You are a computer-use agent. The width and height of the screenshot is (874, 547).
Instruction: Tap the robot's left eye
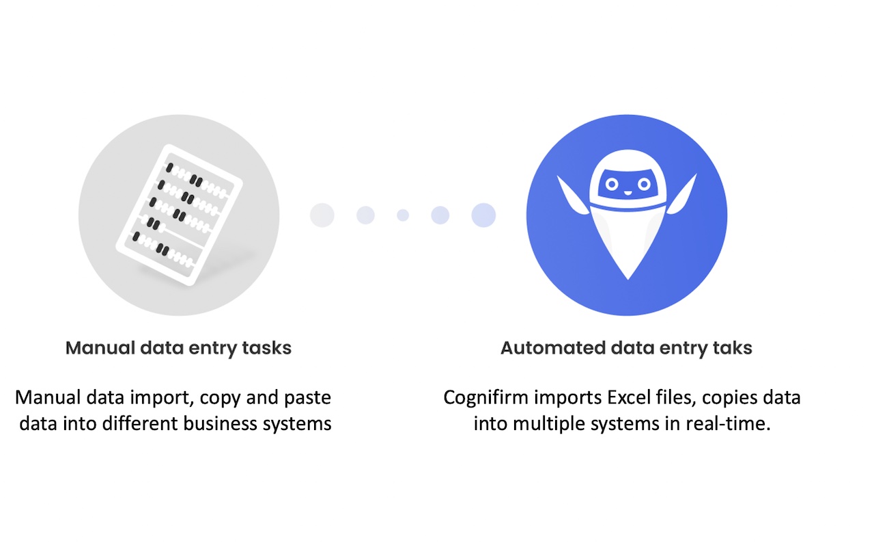pos(612,184)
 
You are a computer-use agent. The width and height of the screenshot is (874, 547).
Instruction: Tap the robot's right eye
pos(643,184)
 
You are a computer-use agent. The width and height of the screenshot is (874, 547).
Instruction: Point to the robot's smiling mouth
pos(628,194)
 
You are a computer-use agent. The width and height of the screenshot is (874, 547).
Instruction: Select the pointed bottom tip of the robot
pos(628,276)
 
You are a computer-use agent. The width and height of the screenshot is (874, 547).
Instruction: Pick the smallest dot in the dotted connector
pos(403,215)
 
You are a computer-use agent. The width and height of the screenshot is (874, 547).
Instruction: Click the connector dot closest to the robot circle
pos(483,215)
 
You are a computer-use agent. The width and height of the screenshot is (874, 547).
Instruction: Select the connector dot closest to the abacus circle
pos(322,215)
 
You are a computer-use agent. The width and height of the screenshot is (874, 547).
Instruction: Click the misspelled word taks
pos(731,348)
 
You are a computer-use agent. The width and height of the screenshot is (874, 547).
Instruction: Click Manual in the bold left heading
pos(98,348)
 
